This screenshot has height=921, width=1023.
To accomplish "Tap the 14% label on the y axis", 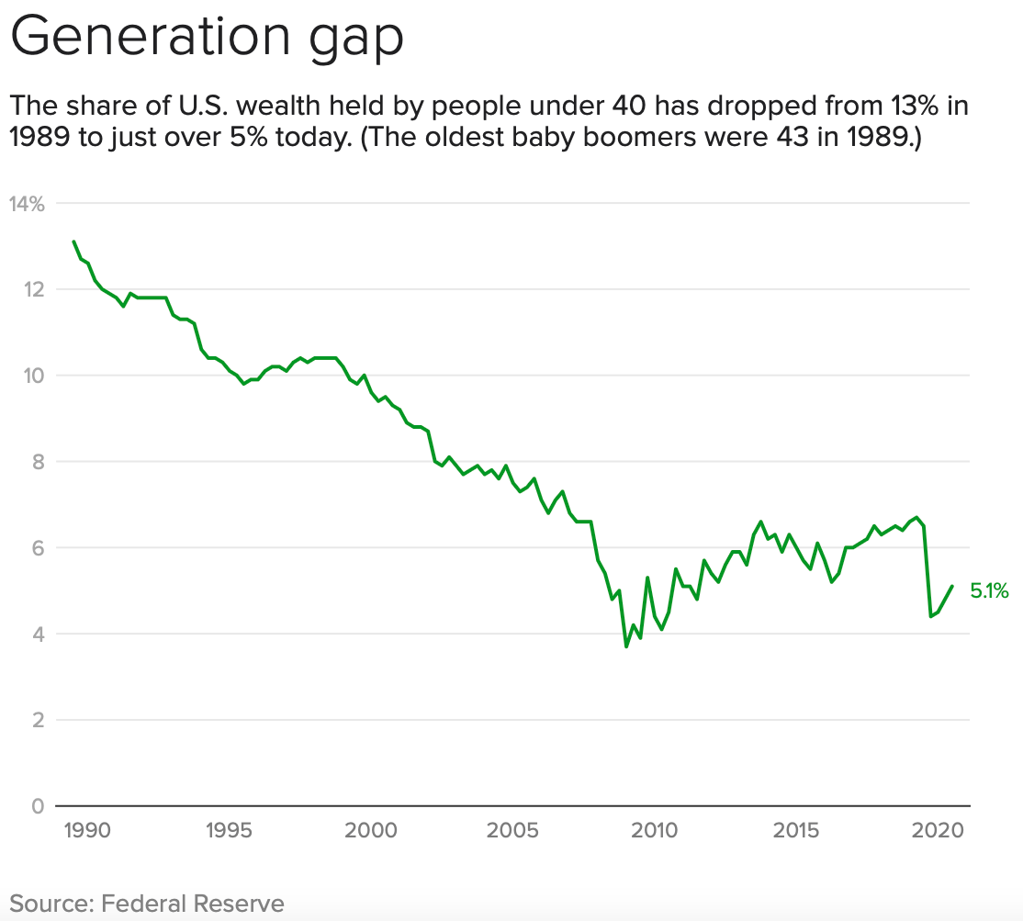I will coord(27,204).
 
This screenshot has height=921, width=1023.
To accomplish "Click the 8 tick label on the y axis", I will coord(38,462).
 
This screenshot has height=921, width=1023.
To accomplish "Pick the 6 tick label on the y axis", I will coord(38,548).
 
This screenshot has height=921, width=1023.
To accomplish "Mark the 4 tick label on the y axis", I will coord(38,634).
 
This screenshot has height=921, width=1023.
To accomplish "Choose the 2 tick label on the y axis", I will coord(38,720).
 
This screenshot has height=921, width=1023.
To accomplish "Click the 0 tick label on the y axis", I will coord(38,806).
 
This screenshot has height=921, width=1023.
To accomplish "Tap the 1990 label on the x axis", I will coord(88,831).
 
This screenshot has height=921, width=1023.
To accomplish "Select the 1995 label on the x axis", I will coord(230,831).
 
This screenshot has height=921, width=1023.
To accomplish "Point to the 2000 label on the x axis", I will coord(371,831).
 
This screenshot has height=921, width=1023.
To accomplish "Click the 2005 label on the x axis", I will coord(512,831).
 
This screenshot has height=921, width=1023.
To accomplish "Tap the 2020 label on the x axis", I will coord(937,831).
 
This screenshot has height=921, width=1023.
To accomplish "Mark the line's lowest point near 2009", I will coord(626,646).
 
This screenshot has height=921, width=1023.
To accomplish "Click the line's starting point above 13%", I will coord(73,241).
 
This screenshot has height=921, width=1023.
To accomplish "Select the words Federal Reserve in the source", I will coord(193,903).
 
